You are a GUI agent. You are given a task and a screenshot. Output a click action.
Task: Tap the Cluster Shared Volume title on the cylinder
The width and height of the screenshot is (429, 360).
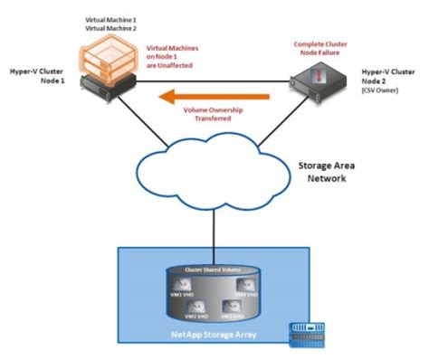pyautogui.click(x=213, y=270)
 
